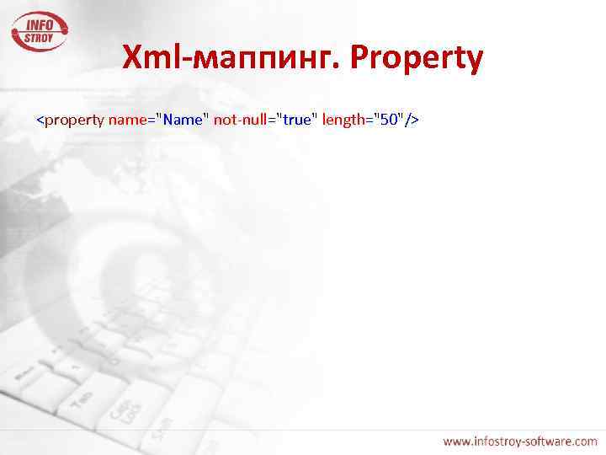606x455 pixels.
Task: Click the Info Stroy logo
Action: pos(40,32)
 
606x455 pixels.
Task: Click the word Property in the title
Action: pos(417,58)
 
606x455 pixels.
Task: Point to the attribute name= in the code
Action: pos(128,120)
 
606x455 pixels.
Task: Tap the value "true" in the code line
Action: pos(295,120)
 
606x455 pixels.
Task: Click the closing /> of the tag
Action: pos(412,120)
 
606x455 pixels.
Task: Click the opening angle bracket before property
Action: pos(40,120)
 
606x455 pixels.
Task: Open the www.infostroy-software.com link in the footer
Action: pos(520,441)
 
